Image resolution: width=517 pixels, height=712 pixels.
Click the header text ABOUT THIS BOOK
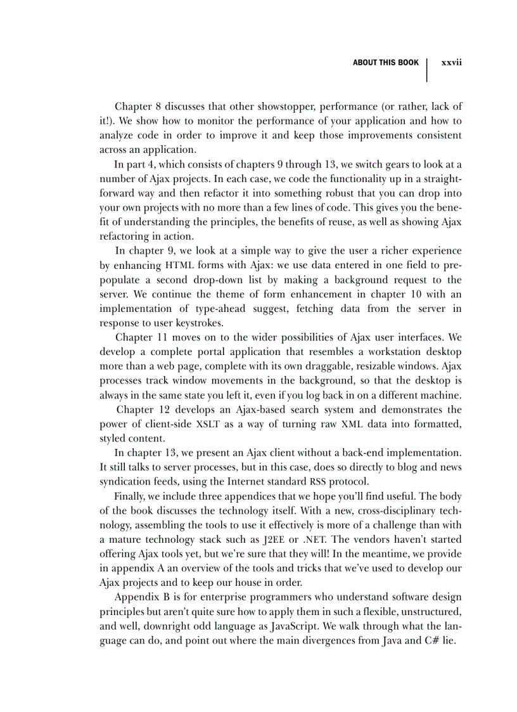[385, 63]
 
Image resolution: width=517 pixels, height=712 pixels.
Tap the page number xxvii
[451, 63]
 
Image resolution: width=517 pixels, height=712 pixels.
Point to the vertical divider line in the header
[427, 70]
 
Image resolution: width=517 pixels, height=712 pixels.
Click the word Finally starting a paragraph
[129, 496]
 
